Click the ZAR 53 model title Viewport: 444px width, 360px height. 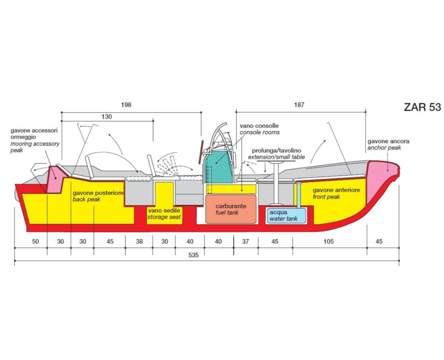click(x=422, y=107)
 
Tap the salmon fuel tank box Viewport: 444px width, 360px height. click(x=231, y=209)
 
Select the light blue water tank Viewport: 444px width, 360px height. click(x=286, y=215)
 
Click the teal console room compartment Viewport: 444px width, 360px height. click(x=218, y=167)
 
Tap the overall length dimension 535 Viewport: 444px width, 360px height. click(x=194, y=255)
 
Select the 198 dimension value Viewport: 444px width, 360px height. click(x=126, y=105)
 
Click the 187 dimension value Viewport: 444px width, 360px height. click(x=299, y=105)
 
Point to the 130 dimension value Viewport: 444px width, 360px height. click(x=106, y=117)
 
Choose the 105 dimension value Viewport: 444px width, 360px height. click(x=328, y=242)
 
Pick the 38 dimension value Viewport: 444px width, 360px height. click(x=139, y=242)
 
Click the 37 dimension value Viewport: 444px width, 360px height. click(x=246, y=242)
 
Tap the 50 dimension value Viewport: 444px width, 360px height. click(x=35, y=242)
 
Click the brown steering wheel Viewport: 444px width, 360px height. click(x=201, y=152)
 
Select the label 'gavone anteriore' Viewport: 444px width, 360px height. click(x=336, y=190)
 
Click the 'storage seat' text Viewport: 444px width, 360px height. click(x=164, y=217)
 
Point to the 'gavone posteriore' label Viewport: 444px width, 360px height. click(x=98, y=193)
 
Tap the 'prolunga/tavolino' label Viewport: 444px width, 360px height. click(x=276, y=150)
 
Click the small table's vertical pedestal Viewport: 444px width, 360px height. click(x=276, y=183)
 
